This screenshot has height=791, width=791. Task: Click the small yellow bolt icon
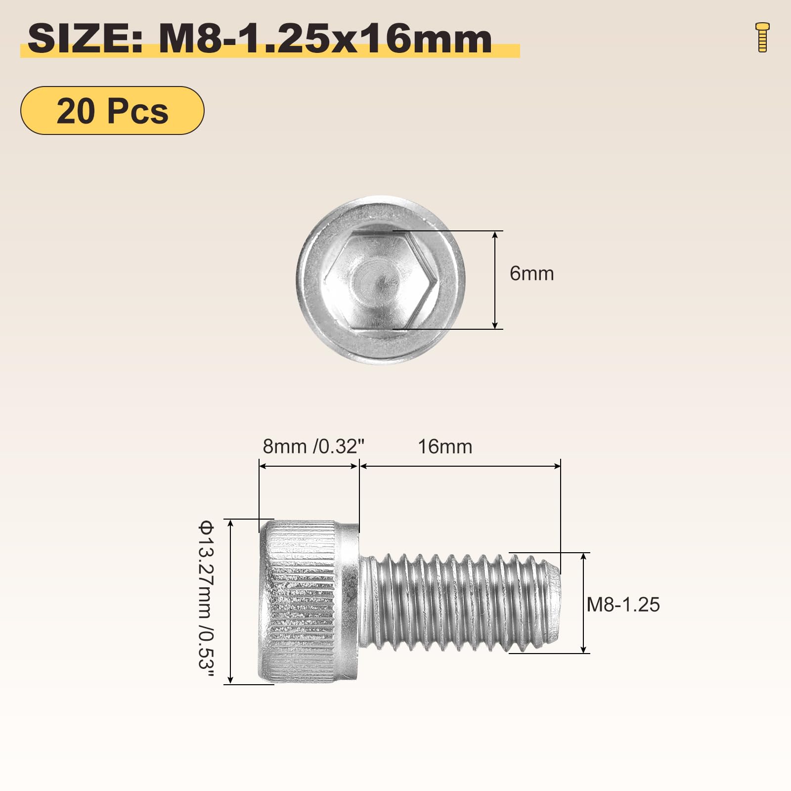click(763, 37)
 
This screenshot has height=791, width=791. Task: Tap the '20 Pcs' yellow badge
click(112, 110)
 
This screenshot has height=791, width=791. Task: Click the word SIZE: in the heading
click(85, 39)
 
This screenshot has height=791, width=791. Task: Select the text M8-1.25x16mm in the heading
click(325, 39)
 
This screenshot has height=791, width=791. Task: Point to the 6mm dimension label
click(531, 273)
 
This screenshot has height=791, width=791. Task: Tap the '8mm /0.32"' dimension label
click(313, 446)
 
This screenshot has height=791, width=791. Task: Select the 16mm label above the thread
click(445, 446)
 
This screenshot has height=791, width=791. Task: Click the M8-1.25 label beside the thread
click(623, 605)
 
